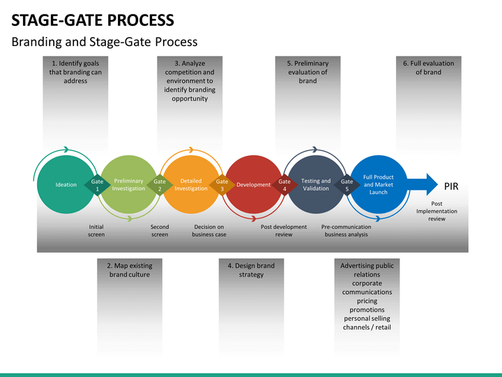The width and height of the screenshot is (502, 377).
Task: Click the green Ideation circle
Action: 66,184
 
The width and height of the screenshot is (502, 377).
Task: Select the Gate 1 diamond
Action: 98,185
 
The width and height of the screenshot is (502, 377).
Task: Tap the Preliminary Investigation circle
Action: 128,184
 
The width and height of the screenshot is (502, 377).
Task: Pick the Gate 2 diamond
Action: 160,185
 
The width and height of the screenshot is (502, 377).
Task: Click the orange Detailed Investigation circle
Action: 191,184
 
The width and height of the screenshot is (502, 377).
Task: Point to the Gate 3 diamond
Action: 222,185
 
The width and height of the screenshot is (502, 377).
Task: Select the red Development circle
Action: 254,184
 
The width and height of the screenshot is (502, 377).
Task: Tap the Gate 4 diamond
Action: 284,185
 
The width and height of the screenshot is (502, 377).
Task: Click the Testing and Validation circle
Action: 316,184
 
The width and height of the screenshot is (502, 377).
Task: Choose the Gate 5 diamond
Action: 347,185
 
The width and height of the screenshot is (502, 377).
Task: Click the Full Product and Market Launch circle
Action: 379,184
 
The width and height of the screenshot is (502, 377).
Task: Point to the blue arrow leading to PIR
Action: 423,184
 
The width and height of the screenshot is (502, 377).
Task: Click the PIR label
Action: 451,186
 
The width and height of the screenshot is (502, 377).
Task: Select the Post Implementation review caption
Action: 436,212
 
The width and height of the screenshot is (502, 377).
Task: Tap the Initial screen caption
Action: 96,230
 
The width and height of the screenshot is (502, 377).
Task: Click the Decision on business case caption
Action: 209,230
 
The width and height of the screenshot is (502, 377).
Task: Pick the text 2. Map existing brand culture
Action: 130,270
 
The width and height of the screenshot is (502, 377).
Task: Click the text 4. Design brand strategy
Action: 251,270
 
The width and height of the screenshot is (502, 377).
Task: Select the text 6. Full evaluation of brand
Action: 428,68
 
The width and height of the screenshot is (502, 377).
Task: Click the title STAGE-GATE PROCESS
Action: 93,20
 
